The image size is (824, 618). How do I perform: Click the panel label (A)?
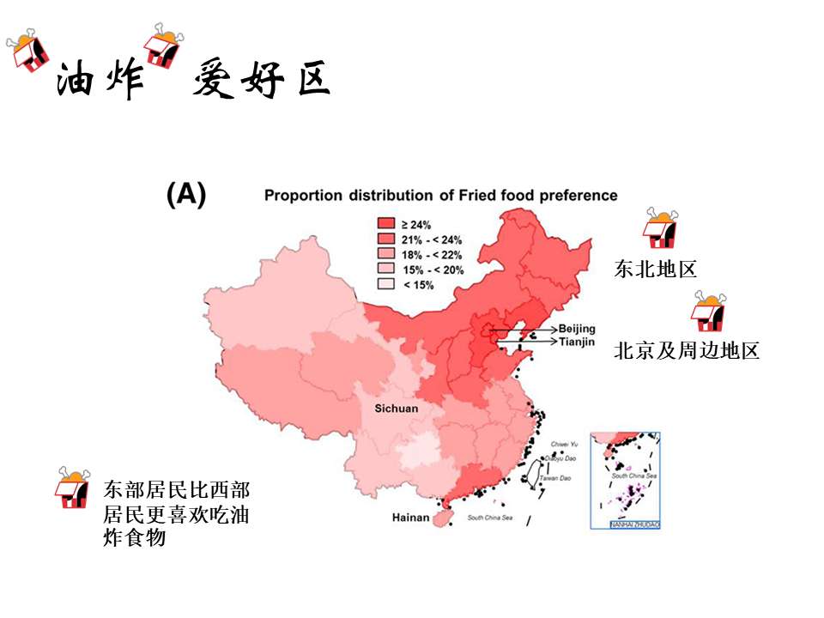tap(186, 195)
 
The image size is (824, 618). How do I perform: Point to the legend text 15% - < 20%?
tap(433, 270)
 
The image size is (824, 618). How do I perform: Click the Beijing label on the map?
tap(576, 329)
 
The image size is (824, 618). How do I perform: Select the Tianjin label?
tap(576, 342)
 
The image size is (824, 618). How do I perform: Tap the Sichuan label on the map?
tap(397, 409)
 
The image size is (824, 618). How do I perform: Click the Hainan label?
tap(410, 518)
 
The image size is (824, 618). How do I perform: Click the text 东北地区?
tap(655, 270)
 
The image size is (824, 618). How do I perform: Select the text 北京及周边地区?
tap(687, 350)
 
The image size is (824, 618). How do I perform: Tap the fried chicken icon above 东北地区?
tap(661, 227)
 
